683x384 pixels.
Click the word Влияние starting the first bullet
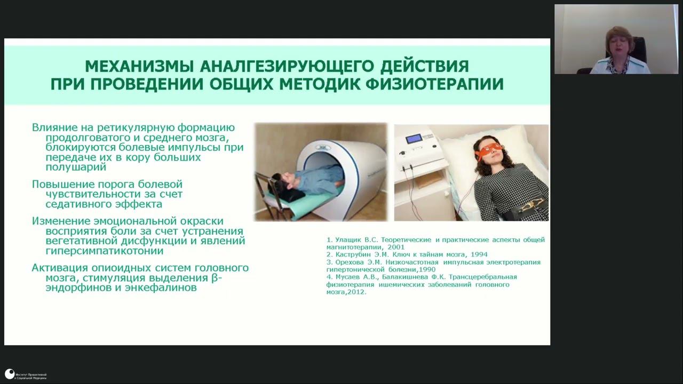[x=53, y=127]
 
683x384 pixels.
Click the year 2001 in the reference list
[x=395, y=247]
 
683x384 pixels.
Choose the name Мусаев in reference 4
[x=348, y=277]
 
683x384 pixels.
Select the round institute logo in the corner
[x=10, y=374]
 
